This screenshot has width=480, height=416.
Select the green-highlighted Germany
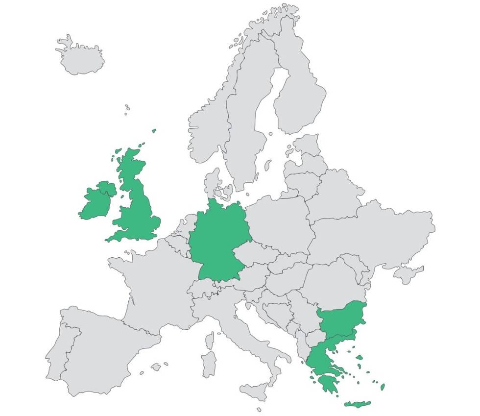pyautogui.click(x=218, y=240)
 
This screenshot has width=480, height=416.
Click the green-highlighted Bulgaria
pyautogui.click(x=341, y=318)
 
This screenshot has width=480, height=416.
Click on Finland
pyautogui.click(x=299, y=98)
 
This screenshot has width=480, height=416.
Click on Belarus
pyautogui.click(x=333, y=196)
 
